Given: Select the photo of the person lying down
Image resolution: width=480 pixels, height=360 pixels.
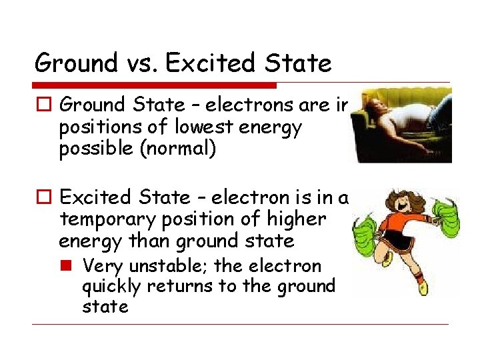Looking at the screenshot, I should coord(403,125).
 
